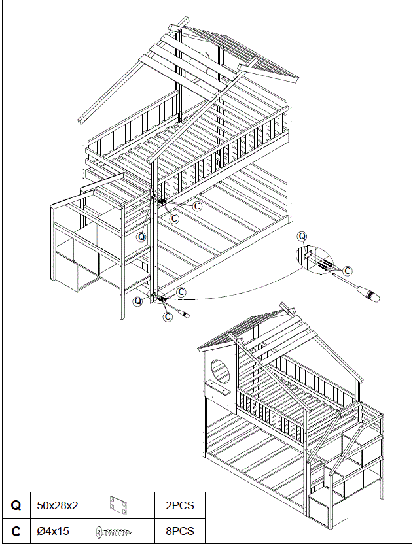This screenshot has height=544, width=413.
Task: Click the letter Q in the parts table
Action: pyautogui.click(x=16, y=505)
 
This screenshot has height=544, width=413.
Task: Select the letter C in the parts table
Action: pyautogui.click(x=16, y=531)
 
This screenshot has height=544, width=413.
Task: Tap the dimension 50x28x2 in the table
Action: pyautogui.click(x=58, y=505)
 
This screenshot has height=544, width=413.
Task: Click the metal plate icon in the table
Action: pyautogui.click(x=118, y=505)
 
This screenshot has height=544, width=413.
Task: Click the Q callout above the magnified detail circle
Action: pyautogui.click(x=302, y=236)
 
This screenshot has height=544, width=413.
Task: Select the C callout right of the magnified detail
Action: pyautogui.click(x=348, y=269)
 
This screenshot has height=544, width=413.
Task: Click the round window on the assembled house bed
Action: pyautogui.click(x=221, y=373)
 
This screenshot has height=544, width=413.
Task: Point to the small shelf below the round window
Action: pyautogui.click(x=219, y=390)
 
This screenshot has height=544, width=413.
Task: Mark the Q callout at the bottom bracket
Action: pyautogui.click(x=137, y=301)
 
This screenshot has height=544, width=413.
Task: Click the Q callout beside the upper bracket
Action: pyautogui.click(x=141, y=237)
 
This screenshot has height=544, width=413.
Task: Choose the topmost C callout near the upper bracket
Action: pyautogui.click(x=197, y=205)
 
